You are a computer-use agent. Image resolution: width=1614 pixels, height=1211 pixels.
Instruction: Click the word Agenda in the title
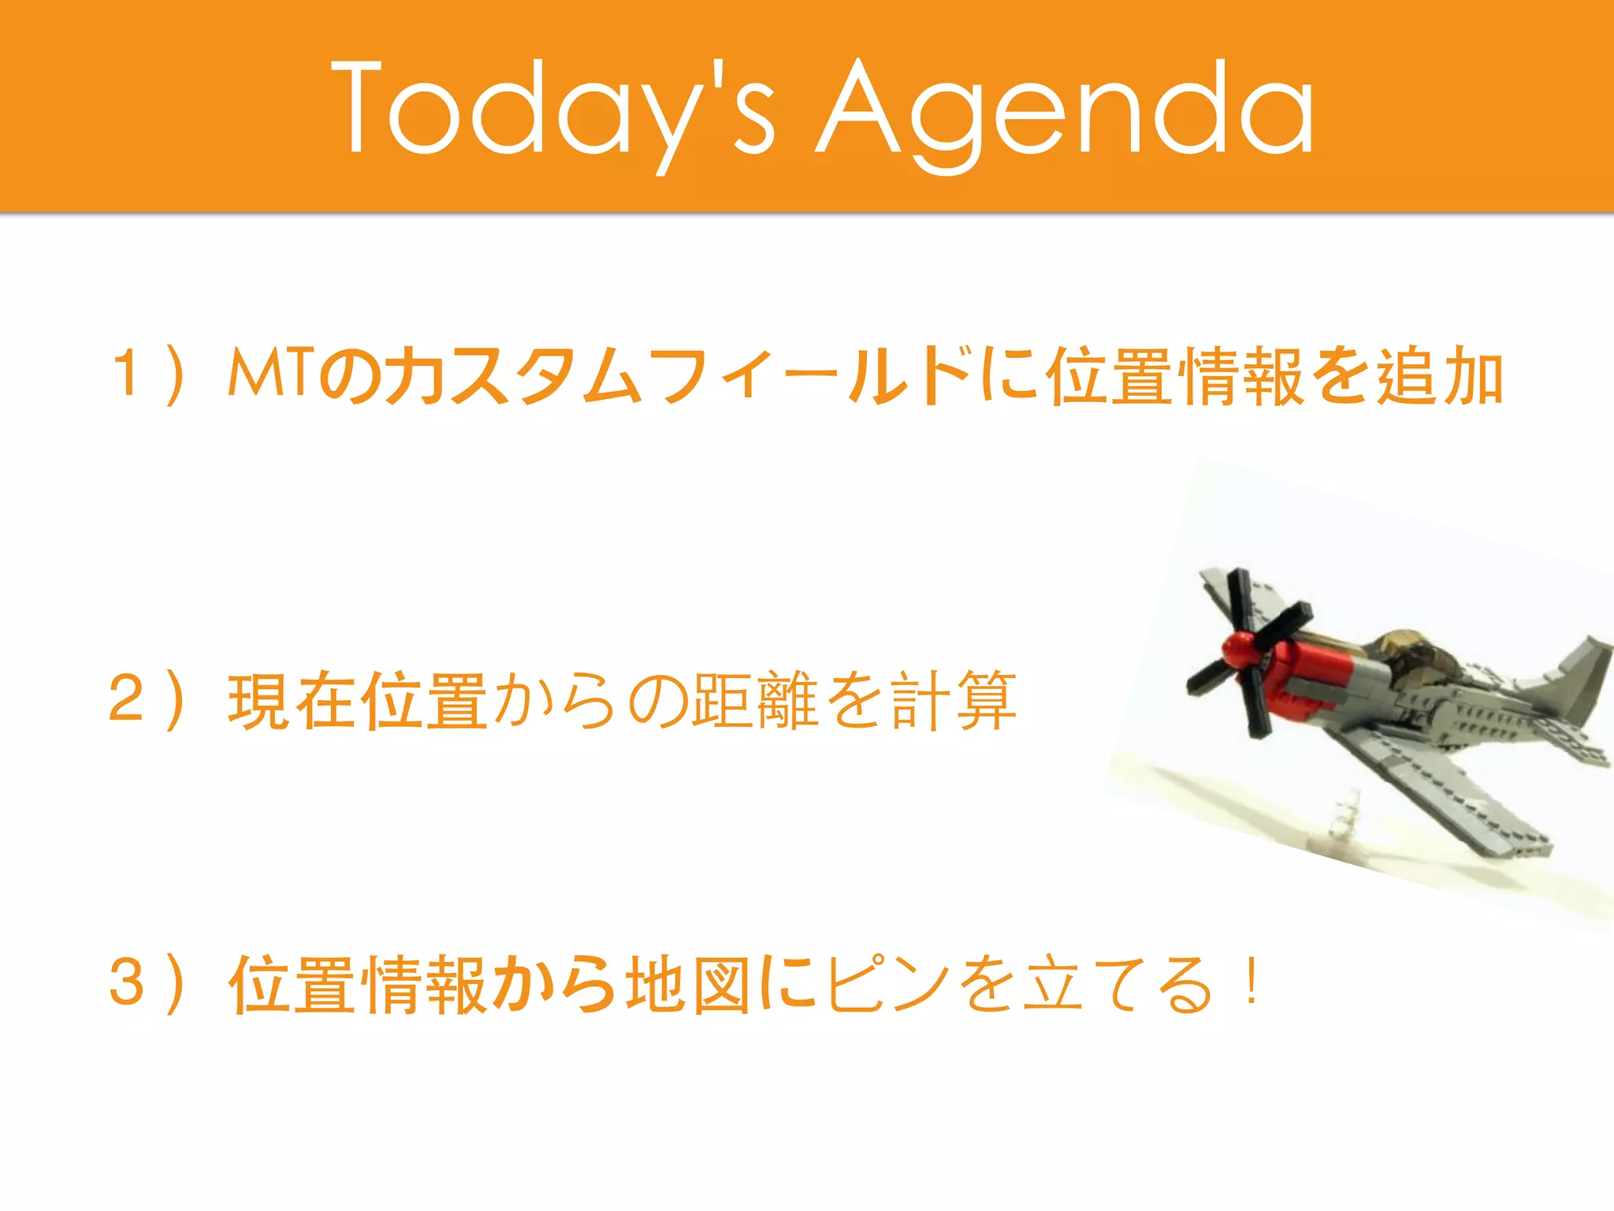point(1065,109)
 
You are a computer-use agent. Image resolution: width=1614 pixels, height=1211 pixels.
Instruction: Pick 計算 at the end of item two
point(954,700)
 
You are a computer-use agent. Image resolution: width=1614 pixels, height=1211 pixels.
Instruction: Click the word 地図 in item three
point(688,983)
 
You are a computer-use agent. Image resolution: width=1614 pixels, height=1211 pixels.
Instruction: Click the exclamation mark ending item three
point(1251,982)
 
